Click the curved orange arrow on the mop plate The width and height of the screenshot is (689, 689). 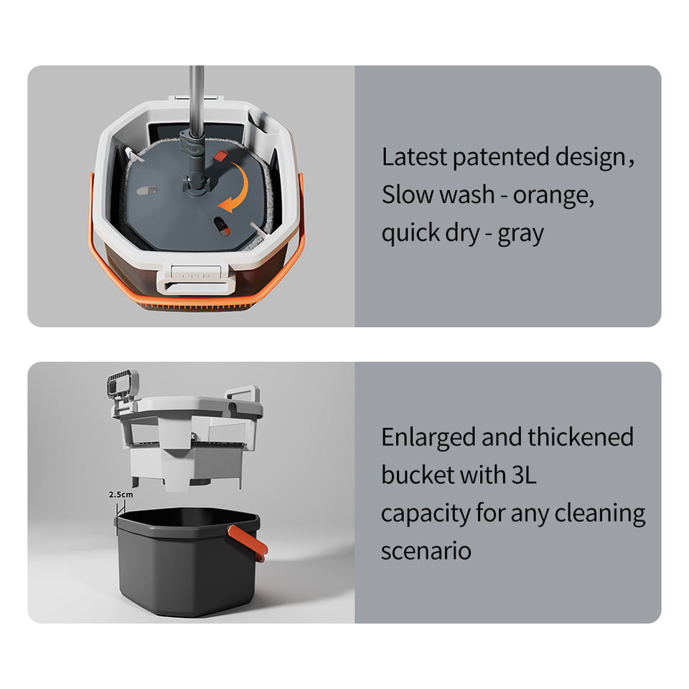235,188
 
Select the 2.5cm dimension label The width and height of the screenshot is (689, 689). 121,495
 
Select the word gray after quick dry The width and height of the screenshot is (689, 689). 520,234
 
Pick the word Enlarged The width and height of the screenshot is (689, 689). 428,437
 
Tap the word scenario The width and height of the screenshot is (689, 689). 426,550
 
